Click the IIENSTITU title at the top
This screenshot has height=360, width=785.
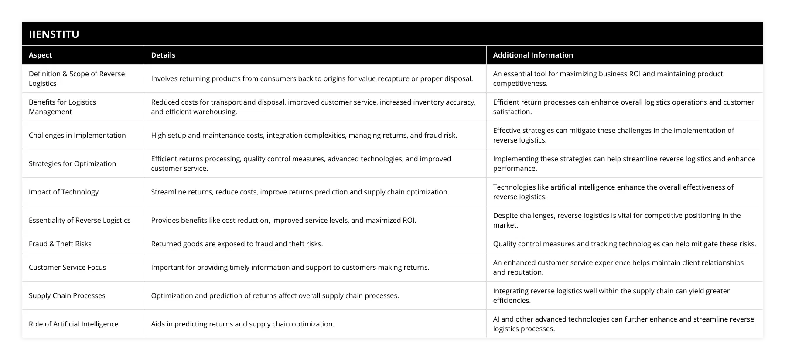pyautogui.click(x=54, y=34)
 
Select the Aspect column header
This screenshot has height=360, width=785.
pyautogui.click(x=40, y=55)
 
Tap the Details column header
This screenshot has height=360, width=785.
pyautogui.click(x=163, y=55)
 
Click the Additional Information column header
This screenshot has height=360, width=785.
pyautogui.click(x=533, y=55)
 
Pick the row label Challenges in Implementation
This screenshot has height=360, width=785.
pyautogui.click(x=77, y=135)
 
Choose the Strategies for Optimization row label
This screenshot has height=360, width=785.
pyautogui.click(x=72, y=163)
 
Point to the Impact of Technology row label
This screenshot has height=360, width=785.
pyautogui.click(x=64, y=192)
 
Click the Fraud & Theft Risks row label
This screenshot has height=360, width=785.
pyautogui.click(x=60, y=244)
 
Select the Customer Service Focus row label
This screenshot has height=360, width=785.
pyautogui.click(x=67, y=267)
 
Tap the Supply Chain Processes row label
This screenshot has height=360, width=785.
pyautogui.click(x=67, y=295)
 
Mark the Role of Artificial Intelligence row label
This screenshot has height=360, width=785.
pyautogui.click(x=74, y=324)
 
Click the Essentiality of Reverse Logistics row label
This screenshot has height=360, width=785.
pyautogui.click(x=79, y=220)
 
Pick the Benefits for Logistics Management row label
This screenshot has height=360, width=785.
pyautogui.click(x=62, y=107)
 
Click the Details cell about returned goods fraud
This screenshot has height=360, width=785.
pyautogui.click(x=237, y=244)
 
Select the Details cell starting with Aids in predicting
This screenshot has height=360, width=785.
pyautogui.click(x=242, y=324)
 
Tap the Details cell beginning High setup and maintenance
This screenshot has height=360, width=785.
pyautogui.click(x=304, y=135)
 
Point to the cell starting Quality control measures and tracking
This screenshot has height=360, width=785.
pyautogui.click(x=625, y=244)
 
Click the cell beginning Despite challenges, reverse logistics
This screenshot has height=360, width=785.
pyautogui.click(x=617, y=220)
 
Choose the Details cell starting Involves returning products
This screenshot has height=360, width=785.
pyautogui.click(x=312, y=78)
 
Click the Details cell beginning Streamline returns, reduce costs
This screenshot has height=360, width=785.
pyautogui.click(x=300, y=192)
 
